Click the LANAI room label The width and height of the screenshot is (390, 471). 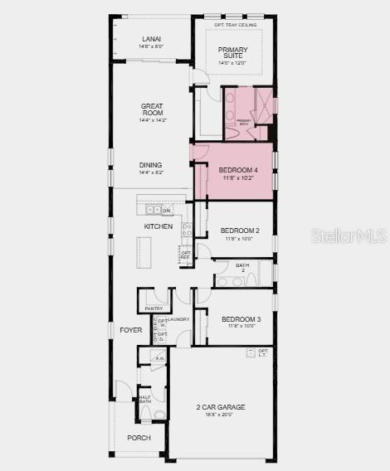(151, 39)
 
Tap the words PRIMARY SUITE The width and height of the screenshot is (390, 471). (233, 53)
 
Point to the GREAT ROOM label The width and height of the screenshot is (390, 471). (152, 109)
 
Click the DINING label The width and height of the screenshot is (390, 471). (151, 164)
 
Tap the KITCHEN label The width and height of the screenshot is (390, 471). (158, 226)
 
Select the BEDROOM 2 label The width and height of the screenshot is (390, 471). (240, 231)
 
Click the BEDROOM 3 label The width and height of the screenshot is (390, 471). (241, 319)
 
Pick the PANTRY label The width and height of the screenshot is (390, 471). (154, 308)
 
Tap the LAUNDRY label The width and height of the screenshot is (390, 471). (178, 319)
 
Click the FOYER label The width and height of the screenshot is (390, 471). (130, 330)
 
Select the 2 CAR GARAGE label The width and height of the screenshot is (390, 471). (220, 407)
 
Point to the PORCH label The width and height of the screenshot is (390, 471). (139, 438)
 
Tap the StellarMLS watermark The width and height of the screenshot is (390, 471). (349, 236)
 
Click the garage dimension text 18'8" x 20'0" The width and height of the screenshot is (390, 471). (220, 415)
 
